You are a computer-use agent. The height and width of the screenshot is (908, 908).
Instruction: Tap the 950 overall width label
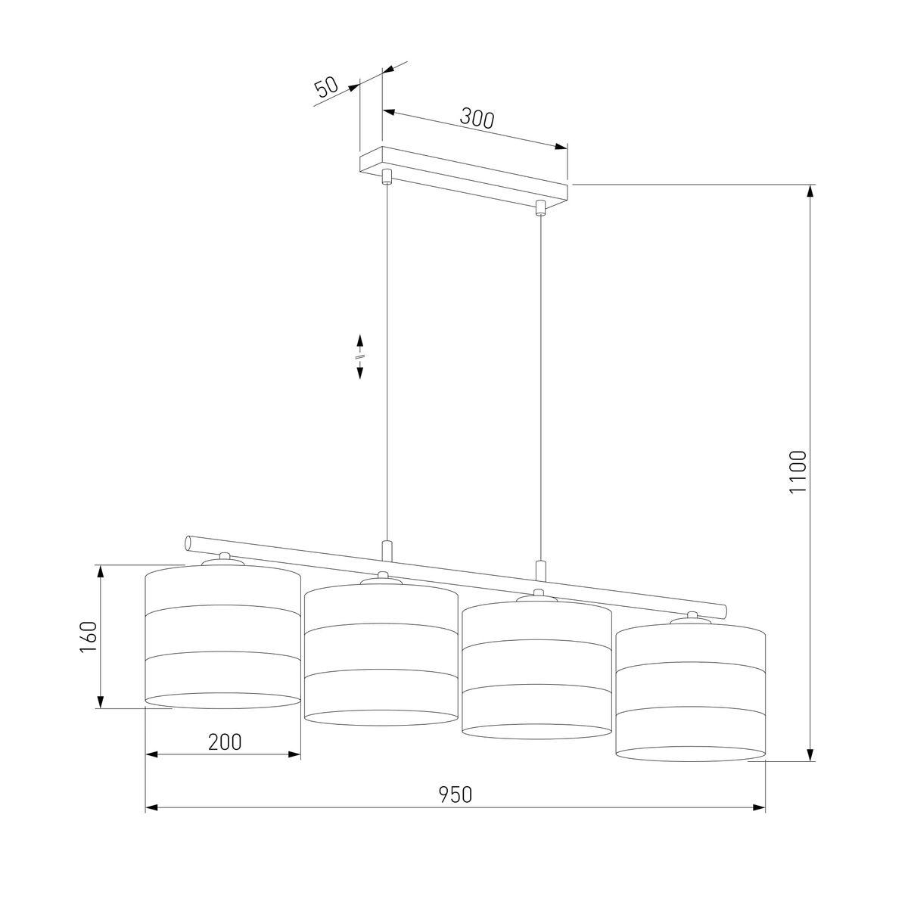456,794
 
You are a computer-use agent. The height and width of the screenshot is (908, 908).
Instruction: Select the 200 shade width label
225,742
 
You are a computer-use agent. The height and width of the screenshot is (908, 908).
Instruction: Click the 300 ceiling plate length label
477,118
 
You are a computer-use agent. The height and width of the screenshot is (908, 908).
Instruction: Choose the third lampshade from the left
536,670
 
